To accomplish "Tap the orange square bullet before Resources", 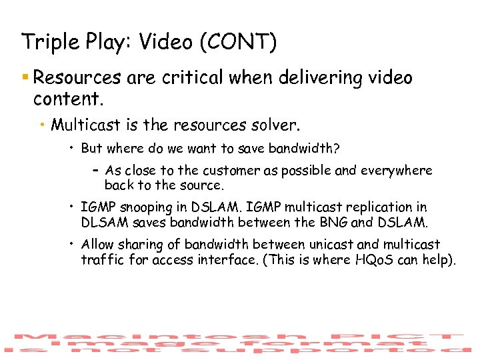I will tap(25, 78).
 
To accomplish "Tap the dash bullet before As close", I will tap(96, 171).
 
